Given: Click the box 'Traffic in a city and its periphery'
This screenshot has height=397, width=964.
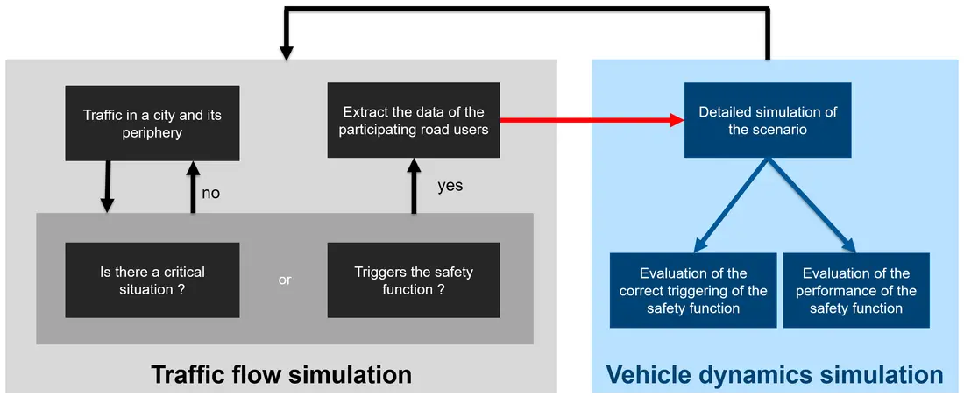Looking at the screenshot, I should click(x=152, y=122).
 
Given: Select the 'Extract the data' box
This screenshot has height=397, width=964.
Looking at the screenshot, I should click(x=414, y=120).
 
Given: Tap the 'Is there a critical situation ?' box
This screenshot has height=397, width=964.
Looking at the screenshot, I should click(x=152, y=280).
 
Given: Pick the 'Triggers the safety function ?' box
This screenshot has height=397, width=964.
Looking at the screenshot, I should click(x=414, y=280).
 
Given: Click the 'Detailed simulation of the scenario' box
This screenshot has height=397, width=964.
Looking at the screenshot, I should click(x=767, y=120).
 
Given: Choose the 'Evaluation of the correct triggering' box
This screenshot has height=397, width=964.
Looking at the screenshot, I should click(x=692, y=290).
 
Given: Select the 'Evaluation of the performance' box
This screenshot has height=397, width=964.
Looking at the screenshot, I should click(x=855, y=290).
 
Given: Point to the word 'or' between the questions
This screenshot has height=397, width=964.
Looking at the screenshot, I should click(x=285, y=280).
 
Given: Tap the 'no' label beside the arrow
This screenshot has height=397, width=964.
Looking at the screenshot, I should click(x=211, y=193).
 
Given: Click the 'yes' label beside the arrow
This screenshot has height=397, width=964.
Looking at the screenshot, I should click(x=450, y=186).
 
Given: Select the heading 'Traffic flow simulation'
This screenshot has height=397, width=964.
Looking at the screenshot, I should click(x=281, y=375).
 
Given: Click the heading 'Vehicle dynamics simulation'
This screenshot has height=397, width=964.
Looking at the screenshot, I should click(x=775, y=375).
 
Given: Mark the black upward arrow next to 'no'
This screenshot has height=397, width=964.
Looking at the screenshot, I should click(x=194, y=187).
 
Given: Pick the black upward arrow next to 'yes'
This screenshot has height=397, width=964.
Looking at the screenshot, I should click(x=413, y=186).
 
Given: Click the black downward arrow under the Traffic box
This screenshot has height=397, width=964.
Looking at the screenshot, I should click(x=107, y=187).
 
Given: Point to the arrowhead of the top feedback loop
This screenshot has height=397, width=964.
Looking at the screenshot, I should click(x=286, y=53).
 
